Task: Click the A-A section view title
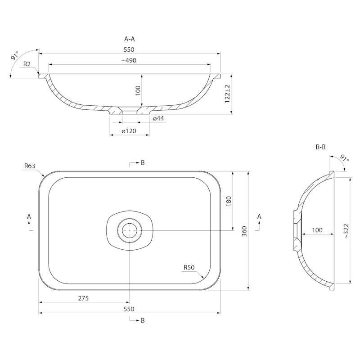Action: click(130, 39)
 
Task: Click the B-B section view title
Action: click(321, 147)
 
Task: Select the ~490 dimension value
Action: click(129, 60)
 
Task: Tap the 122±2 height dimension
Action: click(227, 94)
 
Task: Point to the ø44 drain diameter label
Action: click(158, 118)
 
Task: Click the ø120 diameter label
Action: click(129, 131)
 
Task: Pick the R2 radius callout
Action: click(27, 64)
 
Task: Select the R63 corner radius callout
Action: click(30, 166)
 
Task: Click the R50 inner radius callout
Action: click(189, 267)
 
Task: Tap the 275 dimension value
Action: click(83, 298)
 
